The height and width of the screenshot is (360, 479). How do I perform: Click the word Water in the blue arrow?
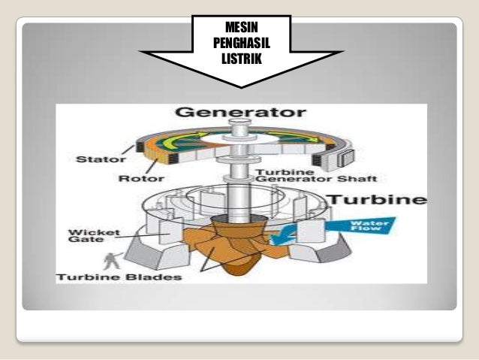(x=372, y=223)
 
